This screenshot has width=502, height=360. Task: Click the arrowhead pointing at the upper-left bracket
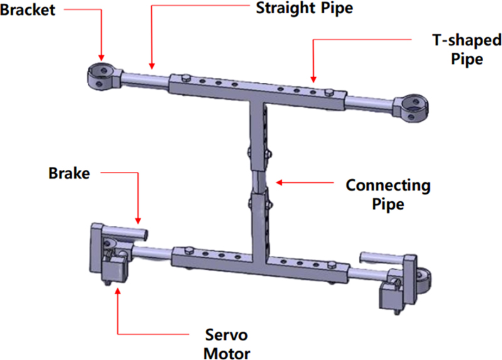pyautogui.click(x=100, y=58)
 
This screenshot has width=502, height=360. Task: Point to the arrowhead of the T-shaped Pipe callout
pyautogui.click(x=314, y=79)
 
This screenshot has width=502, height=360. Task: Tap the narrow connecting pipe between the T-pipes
pyautogui.click(x=259, y=182)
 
